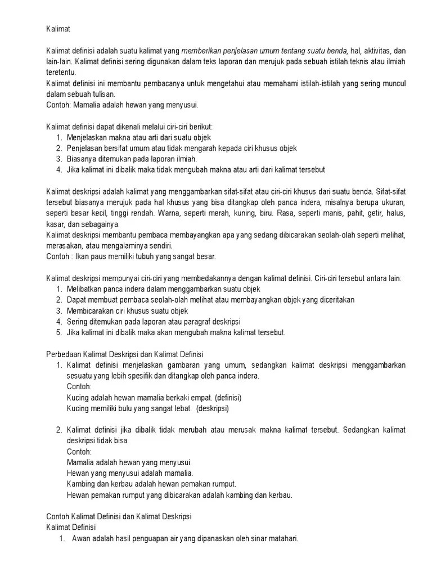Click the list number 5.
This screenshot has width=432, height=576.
point(59,332)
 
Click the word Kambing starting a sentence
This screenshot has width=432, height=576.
point(80,484)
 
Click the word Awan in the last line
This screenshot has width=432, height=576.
point(80,538)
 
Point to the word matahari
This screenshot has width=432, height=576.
point(283,538)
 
